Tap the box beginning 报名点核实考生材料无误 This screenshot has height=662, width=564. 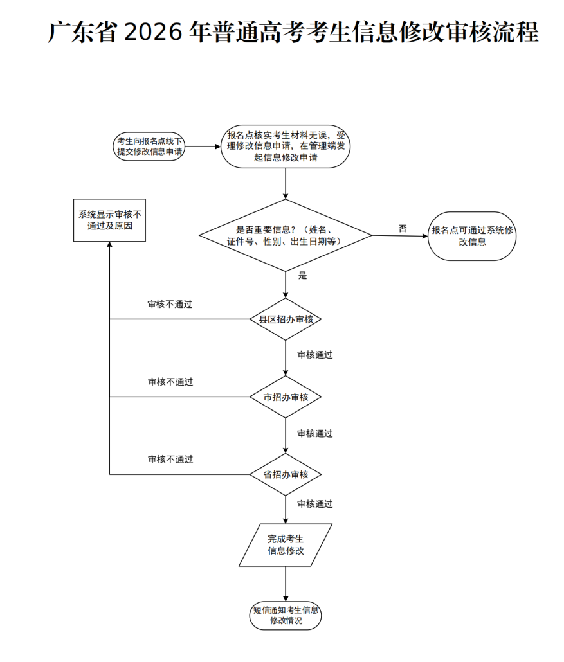pyautogui.click(x=286, y=147)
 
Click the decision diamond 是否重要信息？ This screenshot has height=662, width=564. pyautogui.click(x=286, y=235)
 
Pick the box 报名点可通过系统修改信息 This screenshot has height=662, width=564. pyautogui.click(x=473, y=236)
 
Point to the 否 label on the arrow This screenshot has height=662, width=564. pyautogui.click(x=403, y=228)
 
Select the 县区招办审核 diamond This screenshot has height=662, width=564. pyautogui.click(x=286, y=319)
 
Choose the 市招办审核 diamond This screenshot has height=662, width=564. pyautogui.click(x=286, y=397)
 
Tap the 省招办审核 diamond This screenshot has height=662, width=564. pyautogui.click(x=286, y=475)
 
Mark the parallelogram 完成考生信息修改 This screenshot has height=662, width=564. pyautogui.click(x=286, y=545)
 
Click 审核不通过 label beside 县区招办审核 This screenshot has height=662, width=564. pyautogui.click(x=170, y=304)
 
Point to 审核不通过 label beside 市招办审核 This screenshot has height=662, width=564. pyautogui.click(x=170, y=382)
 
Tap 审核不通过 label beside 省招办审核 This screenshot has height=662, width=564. pyautogui.click(x=170, y=460)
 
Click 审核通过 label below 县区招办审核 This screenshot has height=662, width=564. pyautogui.click(x=314, y=355)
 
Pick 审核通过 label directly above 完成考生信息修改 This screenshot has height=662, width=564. pyautogui.click(x=314, y=504)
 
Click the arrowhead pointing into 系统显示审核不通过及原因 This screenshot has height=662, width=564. pyautogui.click(x=109, y=246)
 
